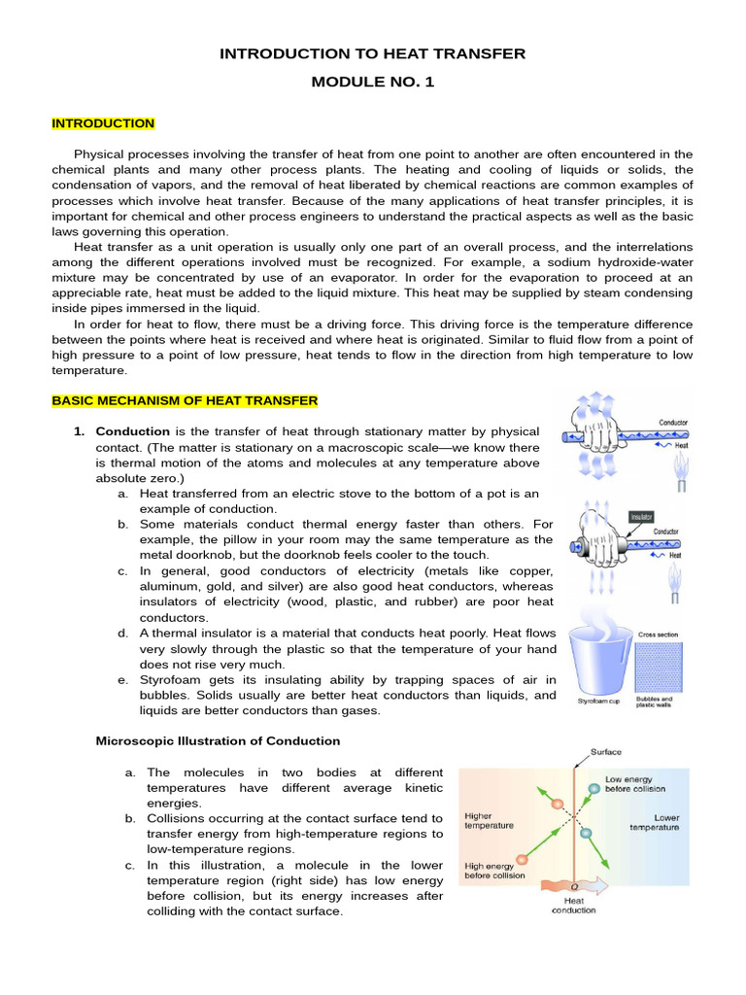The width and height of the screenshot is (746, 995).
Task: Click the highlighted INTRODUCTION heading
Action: click(x=103, y=123)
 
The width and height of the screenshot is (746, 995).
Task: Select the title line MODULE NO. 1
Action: click(x=372, y=82)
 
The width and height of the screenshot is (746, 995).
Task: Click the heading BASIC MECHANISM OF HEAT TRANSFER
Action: click(x=185, y=400)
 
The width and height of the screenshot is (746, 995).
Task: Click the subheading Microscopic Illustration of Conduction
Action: click(x=218, y=740)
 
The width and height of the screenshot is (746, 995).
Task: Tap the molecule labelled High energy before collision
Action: click(x=523, y=859)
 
